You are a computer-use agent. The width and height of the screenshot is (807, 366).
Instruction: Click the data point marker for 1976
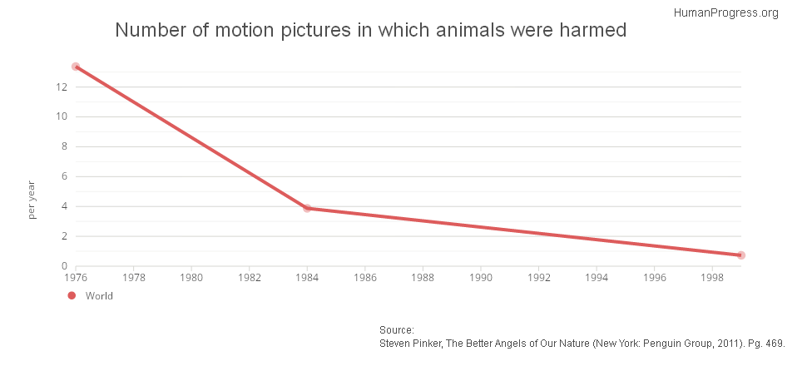[x=76, y=67]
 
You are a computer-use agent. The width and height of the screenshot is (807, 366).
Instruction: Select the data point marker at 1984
[x=307, y=208]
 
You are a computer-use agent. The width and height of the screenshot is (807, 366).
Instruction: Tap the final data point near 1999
[x=740, y=255]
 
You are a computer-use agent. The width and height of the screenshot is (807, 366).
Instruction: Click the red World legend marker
[x=72, y=295]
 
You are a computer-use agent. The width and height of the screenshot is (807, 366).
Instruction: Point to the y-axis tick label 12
[x=62, y=87]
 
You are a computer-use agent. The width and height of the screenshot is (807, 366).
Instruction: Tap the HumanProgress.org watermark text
[x=725, y=12]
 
